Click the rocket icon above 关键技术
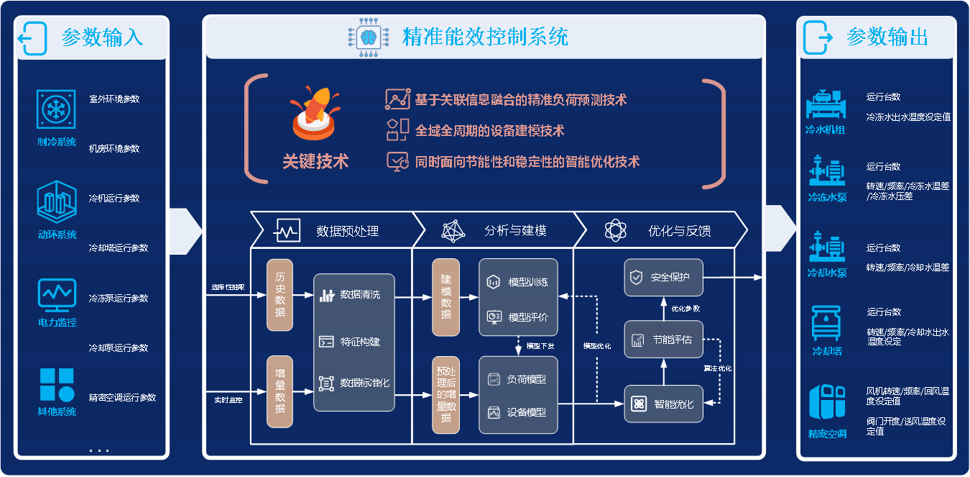314,114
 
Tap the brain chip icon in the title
369,36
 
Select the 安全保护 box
663,277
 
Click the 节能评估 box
663,340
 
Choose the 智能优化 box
663,404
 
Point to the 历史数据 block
280,295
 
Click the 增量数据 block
280,391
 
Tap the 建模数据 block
445,297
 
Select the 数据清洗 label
360,295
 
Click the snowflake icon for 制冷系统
56,109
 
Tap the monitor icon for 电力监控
56,293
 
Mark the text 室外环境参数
114,99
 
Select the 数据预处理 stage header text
347,231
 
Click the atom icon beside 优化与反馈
616,230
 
